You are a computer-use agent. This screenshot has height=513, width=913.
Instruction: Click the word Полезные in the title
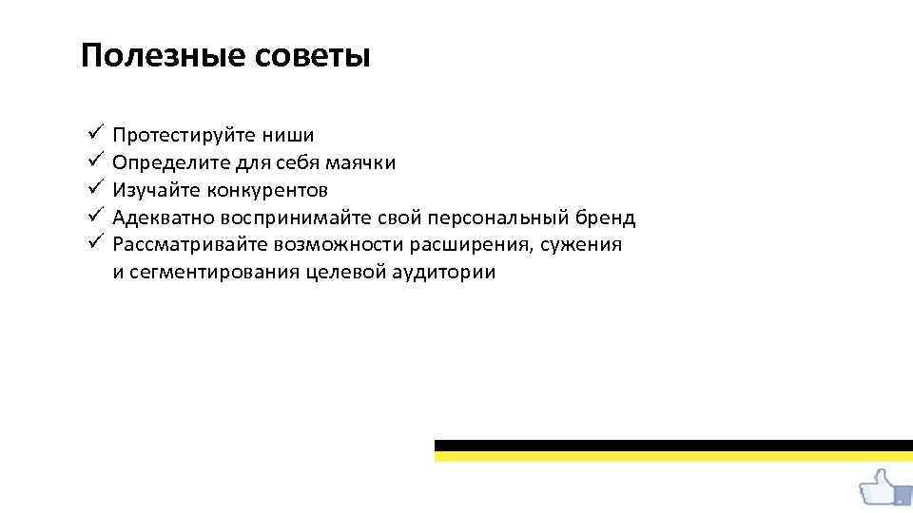pos(163,56)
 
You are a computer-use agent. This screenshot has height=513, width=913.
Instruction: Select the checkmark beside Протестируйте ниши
pos(92,134)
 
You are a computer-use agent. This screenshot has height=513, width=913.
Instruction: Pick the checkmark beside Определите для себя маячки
pos(92,161)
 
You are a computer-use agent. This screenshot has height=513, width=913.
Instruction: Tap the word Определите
pos(168,163)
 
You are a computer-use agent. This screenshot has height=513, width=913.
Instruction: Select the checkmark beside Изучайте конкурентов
pos(92,189)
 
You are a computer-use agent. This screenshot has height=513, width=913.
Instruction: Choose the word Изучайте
pos(151,191)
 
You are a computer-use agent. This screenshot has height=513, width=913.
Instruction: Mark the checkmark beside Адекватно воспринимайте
pos(92,217)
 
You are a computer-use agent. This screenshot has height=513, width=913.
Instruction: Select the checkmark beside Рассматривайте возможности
pos(92,243)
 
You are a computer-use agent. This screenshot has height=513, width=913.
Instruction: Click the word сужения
pos(582,246)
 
